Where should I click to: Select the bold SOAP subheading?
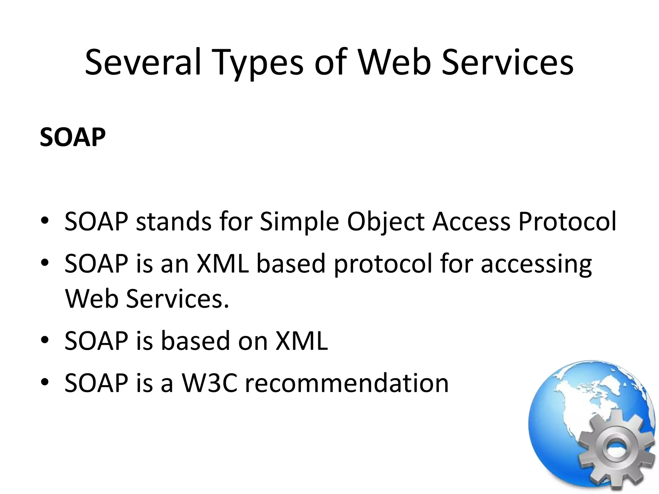point(72,137)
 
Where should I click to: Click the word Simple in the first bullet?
point(299,222)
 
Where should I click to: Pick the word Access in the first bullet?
point(471,222)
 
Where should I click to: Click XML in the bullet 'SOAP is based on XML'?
point(302,341)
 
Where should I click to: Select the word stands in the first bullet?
point(173,222)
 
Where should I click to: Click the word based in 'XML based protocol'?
point(291,264)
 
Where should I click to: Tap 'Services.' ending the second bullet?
point(178,299)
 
